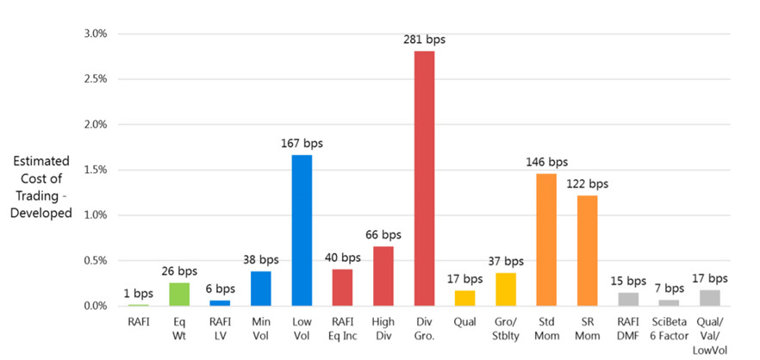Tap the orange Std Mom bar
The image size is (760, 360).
[x=546, y=239]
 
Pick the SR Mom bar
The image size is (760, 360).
[x=587, y=251]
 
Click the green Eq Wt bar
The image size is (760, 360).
[x=179, y=295]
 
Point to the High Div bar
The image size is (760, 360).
[x=383, y=276]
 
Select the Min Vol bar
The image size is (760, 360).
[x=261, y=289]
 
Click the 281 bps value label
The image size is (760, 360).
[x=424, y=40]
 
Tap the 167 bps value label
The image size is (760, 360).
[x=302, y=143]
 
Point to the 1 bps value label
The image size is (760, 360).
[x=139, y=293]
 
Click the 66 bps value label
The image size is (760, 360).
[x=383, y=234]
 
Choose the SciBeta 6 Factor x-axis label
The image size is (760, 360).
[x=669, y=329]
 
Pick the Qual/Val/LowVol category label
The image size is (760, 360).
[x=709, y=335]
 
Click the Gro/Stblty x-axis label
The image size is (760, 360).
[x=506, y=329]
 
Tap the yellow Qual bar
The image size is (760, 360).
[x=464, y=298]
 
